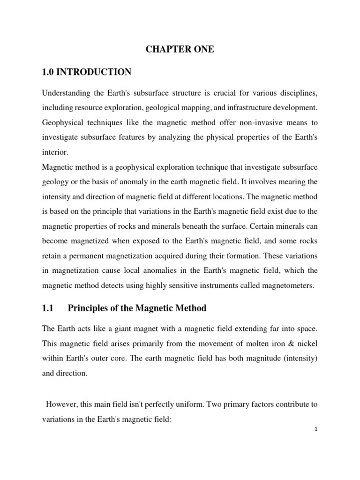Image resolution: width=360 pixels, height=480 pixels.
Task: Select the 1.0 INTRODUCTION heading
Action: coord(87,72)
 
